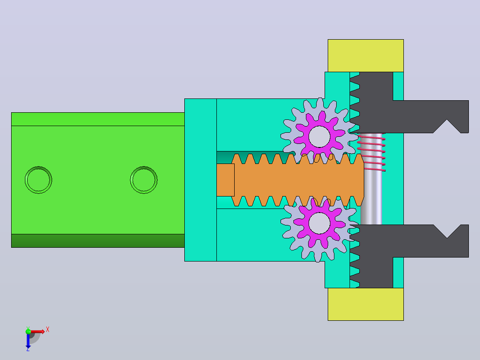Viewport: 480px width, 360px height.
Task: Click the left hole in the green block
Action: point(38,180)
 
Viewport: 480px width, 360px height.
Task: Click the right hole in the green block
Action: point(143,180)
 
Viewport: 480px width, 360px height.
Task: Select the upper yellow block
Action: point(366,56)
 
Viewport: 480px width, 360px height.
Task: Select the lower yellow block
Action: point(366,304)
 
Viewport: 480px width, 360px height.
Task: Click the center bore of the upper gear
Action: point(319,136)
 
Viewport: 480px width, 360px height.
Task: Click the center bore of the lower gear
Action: point(319,223)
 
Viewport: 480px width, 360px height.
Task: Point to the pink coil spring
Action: point(371,152)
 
